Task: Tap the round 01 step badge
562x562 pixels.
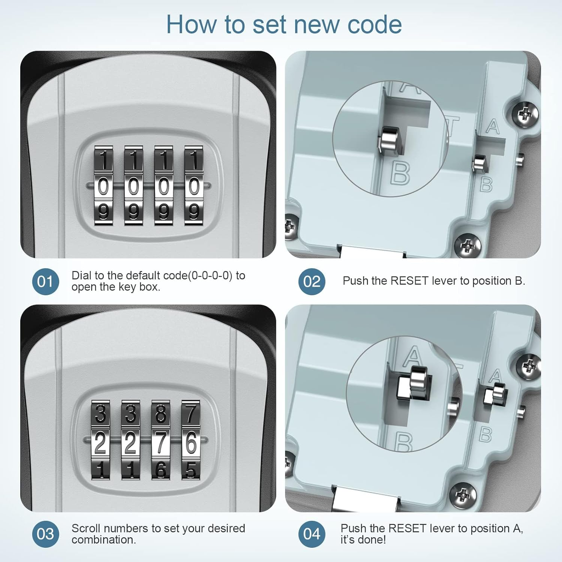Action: click(x=45, y=281)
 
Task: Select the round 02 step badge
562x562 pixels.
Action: click(x=312, y=281)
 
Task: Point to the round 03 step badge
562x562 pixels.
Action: click(x=45, y=534)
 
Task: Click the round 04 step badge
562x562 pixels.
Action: click(x=312, y=534)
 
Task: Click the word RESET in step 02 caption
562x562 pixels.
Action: click(x=409, y=281)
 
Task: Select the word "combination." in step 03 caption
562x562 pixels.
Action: click(x=104, y=540)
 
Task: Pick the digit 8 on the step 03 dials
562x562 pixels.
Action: click(x=161, y=414)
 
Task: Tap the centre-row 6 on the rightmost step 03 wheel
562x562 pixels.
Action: click(x=191, y=442)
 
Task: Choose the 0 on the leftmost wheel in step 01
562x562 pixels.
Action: click(x=103, y=186)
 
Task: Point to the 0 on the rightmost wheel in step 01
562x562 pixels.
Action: click(x=194, y=186)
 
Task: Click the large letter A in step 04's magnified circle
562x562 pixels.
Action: click(x=413, y=356)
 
